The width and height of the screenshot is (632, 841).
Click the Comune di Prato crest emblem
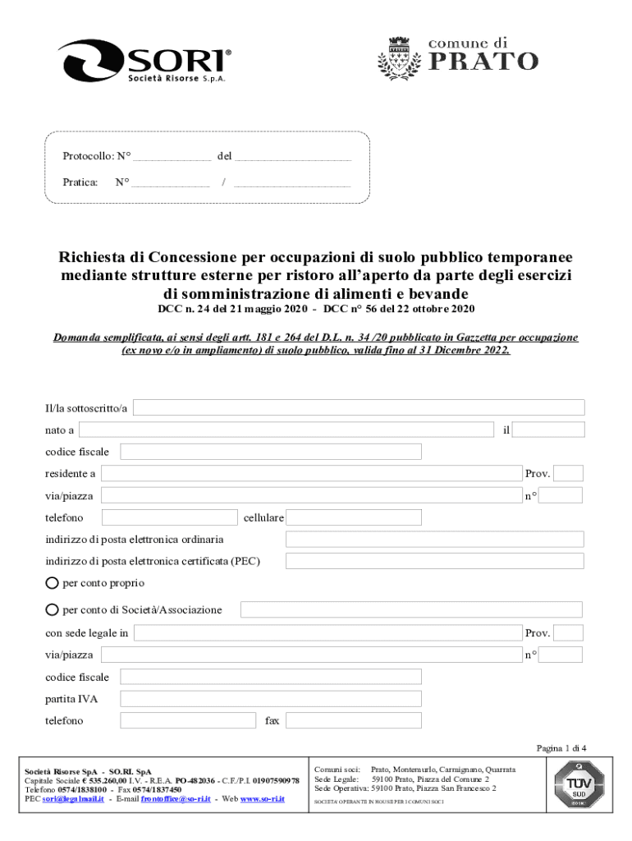coord(398,60)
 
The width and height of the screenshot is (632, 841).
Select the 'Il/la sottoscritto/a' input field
coord(359,408)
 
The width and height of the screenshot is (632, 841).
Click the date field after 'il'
coord(549,430)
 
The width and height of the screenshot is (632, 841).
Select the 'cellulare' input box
coord(354,517)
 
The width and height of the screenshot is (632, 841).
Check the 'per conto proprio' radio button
coord(53,583)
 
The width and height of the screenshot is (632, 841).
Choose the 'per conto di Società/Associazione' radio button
coord(53,610)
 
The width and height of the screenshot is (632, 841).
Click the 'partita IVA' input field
coord(271,699)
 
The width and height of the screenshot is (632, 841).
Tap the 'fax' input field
coord(354,721)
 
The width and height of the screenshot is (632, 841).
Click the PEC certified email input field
coord(434,562)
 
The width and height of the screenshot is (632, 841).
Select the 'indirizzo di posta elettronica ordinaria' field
coord(434,540)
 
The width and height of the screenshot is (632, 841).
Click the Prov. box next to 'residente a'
coord(569,474)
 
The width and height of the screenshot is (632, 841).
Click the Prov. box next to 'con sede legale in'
coord(569,633)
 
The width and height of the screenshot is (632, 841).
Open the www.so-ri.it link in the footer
coord(262,798)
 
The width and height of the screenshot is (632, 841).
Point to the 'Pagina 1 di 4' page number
coord(561,748)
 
